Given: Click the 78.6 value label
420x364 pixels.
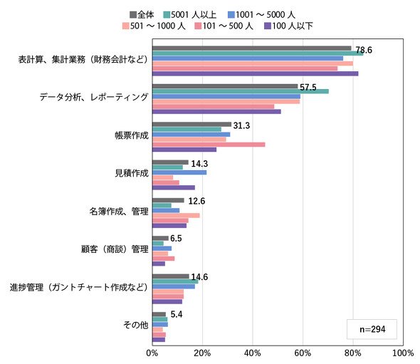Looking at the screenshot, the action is [x=364, y=50].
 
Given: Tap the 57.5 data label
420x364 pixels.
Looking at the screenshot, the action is [x=308, y=88].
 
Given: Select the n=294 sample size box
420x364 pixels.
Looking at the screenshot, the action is [x=372, y=329].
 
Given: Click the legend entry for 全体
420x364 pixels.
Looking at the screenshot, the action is [x=142, y=15].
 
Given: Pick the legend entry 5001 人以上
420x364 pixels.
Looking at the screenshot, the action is [x=190, y=15].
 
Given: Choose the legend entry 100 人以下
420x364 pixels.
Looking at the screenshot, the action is [x=289, y=26].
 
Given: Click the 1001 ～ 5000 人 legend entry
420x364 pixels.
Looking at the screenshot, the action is [x=262, y=15].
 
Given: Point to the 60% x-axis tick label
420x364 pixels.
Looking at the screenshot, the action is [x=303, y=353].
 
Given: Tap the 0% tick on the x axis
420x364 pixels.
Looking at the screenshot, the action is [x=152, y=353].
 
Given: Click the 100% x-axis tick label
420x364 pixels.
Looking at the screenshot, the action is [x=403, y=353].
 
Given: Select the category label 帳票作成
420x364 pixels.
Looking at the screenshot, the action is [x=132, y=135].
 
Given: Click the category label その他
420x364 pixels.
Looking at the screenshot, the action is [x=136, y=325].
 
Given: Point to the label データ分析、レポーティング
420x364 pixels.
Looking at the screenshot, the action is [x=94, y=97].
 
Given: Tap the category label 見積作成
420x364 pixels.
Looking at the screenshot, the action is [x=132, y=173].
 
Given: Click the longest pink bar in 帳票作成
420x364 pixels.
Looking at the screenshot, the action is [x=209, y=145].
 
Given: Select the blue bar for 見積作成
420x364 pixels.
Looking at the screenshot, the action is [x=179, y=172].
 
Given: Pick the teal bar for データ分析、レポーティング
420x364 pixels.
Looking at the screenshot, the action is [x=241, y=91].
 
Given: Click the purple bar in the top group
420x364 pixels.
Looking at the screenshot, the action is [x=256, y=73].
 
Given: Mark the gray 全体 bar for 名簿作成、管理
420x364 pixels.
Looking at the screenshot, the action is [x=168, y=200].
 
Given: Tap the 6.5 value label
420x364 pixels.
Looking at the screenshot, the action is [x=176, y=239].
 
